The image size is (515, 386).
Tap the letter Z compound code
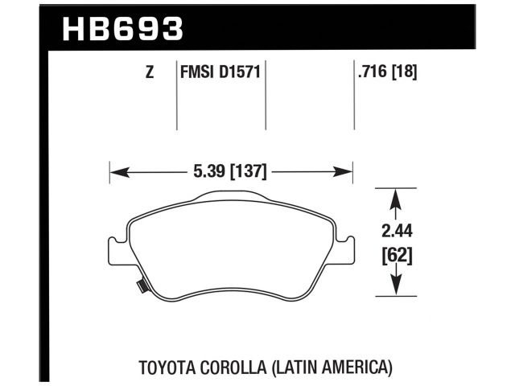150,73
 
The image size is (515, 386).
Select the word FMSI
194,73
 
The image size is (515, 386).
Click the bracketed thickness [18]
405,73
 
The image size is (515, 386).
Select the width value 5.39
207,171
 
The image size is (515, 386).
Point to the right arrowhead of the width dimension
348,171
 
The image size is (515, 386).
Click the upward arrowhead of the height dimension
397,195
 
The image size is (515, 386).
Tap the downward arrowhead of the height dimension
397,289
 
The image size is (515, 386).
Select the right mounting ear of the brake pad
348,248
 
